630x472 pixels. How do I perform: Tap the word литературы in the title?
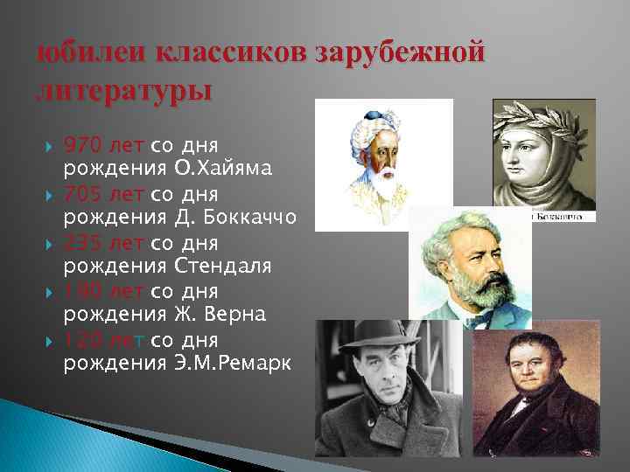tap(123, 89)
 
